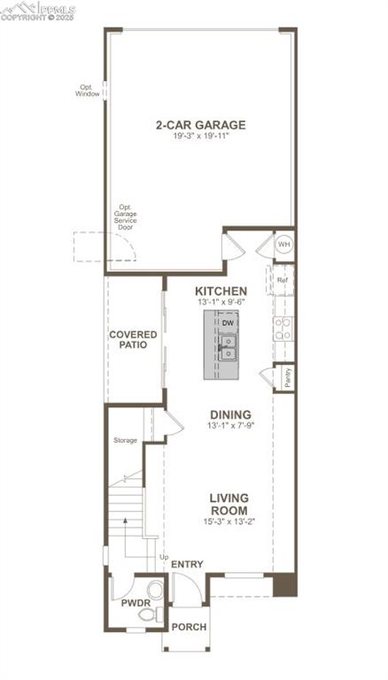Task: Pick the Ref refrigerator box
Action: pyautogui.click(x=283, y=280)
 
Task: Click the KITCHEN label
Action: pyautogui.click(x=221, y=290)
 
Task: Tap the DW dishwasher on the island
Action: pyautogui.click(x=228, y=322)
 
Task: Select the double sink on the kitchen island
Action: pyautogui.click(x=228, y=347)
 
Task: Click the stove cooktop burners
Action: pyautogui.click(x=283, y=329)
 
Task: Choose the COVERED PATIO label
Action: pyautogui.click(x=133, y=339)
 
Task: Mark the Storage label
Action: pyautogui.click(x=125, y=440)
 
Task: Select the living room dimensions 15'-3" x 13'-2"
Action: pyautogui.click(x=229, y=522)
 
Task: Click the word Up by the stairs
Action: pyautogui.click(x=163, y=556)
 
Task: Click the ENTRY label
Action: pyautogui.click(x=187, y=564)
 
